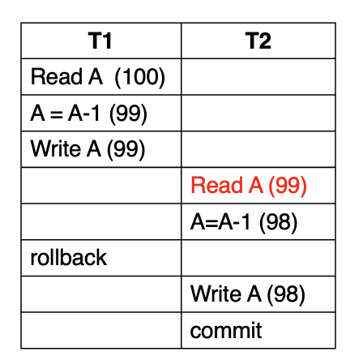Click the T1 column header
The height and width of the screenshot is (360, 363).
tap(100, 41)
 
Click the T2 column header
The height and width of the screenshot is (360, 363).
tap(258, 41)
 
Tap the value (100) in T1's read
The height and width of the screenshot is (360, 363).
tap(140, 77)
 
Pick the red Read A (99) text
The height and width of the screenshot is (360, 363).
tap(249, 186)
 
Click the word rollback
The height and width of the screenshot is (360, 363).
tap(69, 257)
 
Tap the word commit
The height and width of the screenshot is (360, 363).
tap(226, 330)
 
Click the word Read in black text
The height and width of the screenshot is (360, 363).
tap(57, 76)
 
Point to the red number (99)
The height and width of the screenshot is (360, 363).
tap(288, 186)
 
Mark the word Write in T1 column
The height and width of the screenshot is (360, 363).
tap(56, 148)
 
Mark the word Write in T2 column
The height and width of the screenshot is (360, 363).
tap(216, 294)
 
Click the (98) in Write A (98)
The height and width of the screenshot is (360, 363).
tap(286, 294)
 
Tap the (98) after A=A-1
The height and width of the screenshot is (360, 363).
tap(279, 222)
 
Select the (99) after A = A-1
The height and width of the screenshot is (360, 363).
tap(128, 114)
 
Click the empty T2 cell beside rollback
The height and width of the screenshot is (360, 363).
tap(258, 258)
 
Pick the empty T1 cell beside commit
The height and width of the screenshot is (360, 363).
tap(101, 330)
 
